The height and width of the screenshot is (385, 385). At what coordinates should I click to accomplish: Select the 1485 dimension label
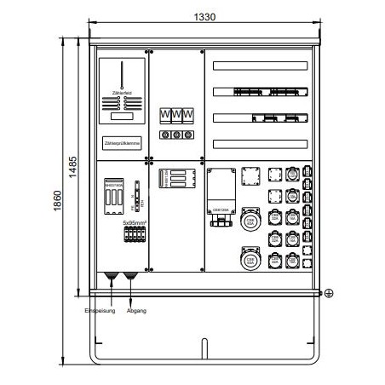coord(73,164)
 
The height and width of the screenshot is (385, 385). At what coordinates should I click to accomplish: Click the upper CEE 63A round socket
coord(250,222)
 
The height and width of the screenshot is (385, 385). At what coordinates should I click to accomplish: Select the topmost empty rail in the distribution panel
coord(259,66)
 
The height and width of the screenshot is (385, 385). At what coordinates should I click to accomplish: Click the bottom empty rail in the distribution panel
coord(259,143)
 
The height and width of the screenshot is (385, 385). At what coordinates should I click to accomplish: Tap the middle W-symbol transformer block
coord(176,114)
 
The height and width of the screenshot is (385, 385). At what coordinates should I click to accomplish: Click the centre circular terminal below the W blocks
coord(176,135)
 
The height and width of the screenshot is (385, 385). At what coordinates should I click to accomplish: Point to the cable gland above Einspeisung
coord(112,278)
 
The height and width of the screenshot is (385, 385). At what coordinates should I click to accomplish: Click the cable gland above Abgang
coord(130,278)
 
